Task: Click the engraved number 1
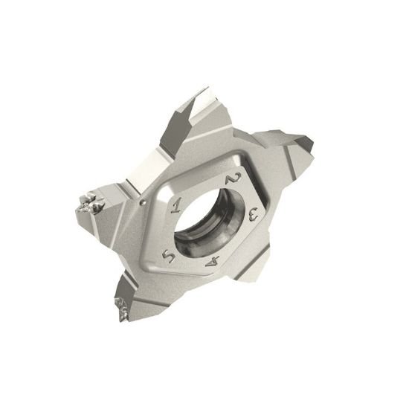[175, 201]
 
